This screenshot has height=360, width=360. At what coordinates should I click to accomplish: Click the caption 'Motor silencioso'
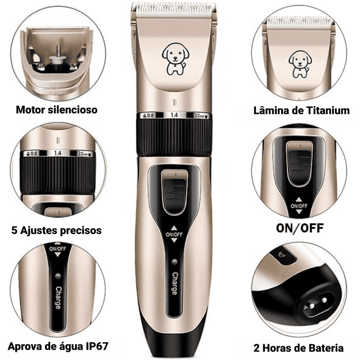coord(57,109)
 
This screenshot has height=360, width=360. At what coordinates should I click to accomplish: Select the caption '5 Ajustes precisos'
coord(56,230)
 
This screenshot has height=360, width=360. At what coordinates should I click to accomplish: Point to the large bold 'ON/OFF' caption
coord(299,227)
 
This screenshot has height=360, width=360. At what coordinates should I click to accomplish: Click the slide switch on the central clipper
coord(174,193)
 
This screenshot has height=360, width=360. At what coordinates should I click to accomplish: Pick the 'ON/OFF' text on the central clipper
coord(174,234)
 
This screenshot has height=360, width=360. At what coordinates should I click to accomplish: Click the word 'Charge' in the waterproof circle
coord(58,298)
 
